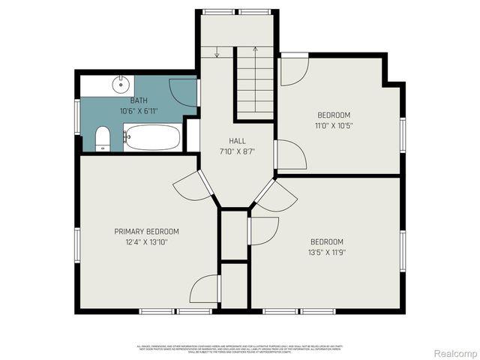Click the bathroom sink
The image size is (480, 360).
point(120,84)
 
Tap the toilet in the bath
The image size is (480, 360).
point(103,139)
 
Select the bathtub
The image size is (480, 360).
point(152,138)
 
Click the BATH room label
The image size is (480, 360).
point(139,100)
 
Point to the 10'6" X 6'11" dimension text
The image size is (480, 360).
point(139,110)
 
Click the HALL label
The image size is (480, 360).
point(237,141)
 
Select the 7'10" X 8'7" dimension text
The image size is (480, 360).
point(237,151)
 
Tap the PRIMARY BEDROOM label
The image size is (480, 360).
point(146,232)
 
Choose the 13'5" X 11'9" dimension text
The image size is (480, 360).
point(327,252)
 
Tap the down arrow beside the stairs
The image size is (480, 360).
point(217,52)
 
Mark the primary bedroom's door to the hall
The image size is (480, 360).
point(190,186)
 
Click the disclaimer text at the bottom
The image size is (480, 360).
point(240,349)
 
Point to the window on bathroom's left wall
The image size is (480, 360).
point(76,117)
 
